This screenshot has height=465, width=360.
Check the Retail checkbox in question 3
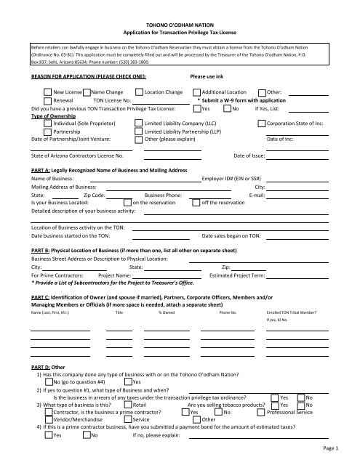coord(128,405)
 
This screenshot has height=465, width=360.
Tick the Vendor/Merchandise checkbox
coord(47,420)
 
